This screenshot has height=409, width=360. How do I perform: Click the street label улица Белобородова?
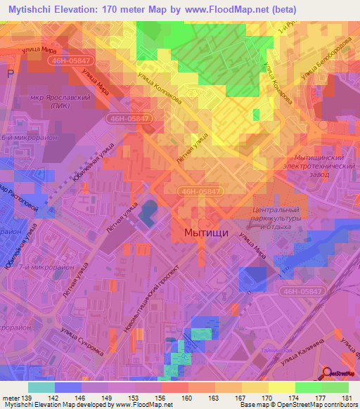[x=323, y=62]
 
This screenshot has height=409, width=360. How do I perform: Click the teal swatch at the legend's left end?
[x=41, y=387]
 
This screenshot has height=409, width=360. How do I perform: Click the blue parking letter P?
[x=10, y=74]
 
